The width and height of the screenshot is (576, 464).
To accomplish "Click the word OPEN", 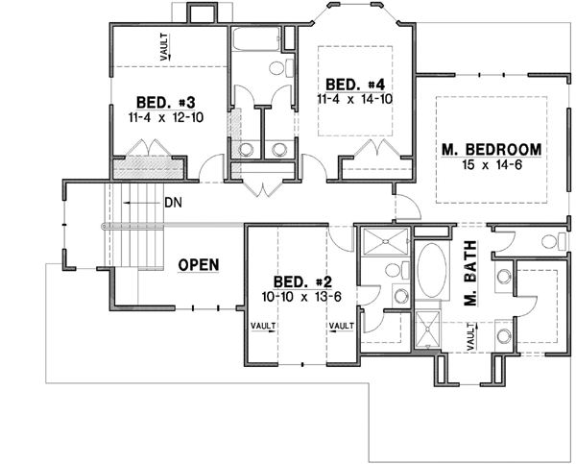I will [199, 264].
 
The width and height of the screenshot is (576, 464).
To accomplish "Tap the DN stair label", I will [174, 203].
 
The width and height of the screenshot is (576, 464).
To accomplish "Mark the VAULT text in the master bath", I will [471, 338].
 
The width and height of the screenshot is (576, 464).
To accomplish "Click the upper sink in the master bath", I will [504, 279].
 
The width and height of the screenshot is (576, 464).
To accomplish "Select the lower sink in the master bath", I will [504, 335].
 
